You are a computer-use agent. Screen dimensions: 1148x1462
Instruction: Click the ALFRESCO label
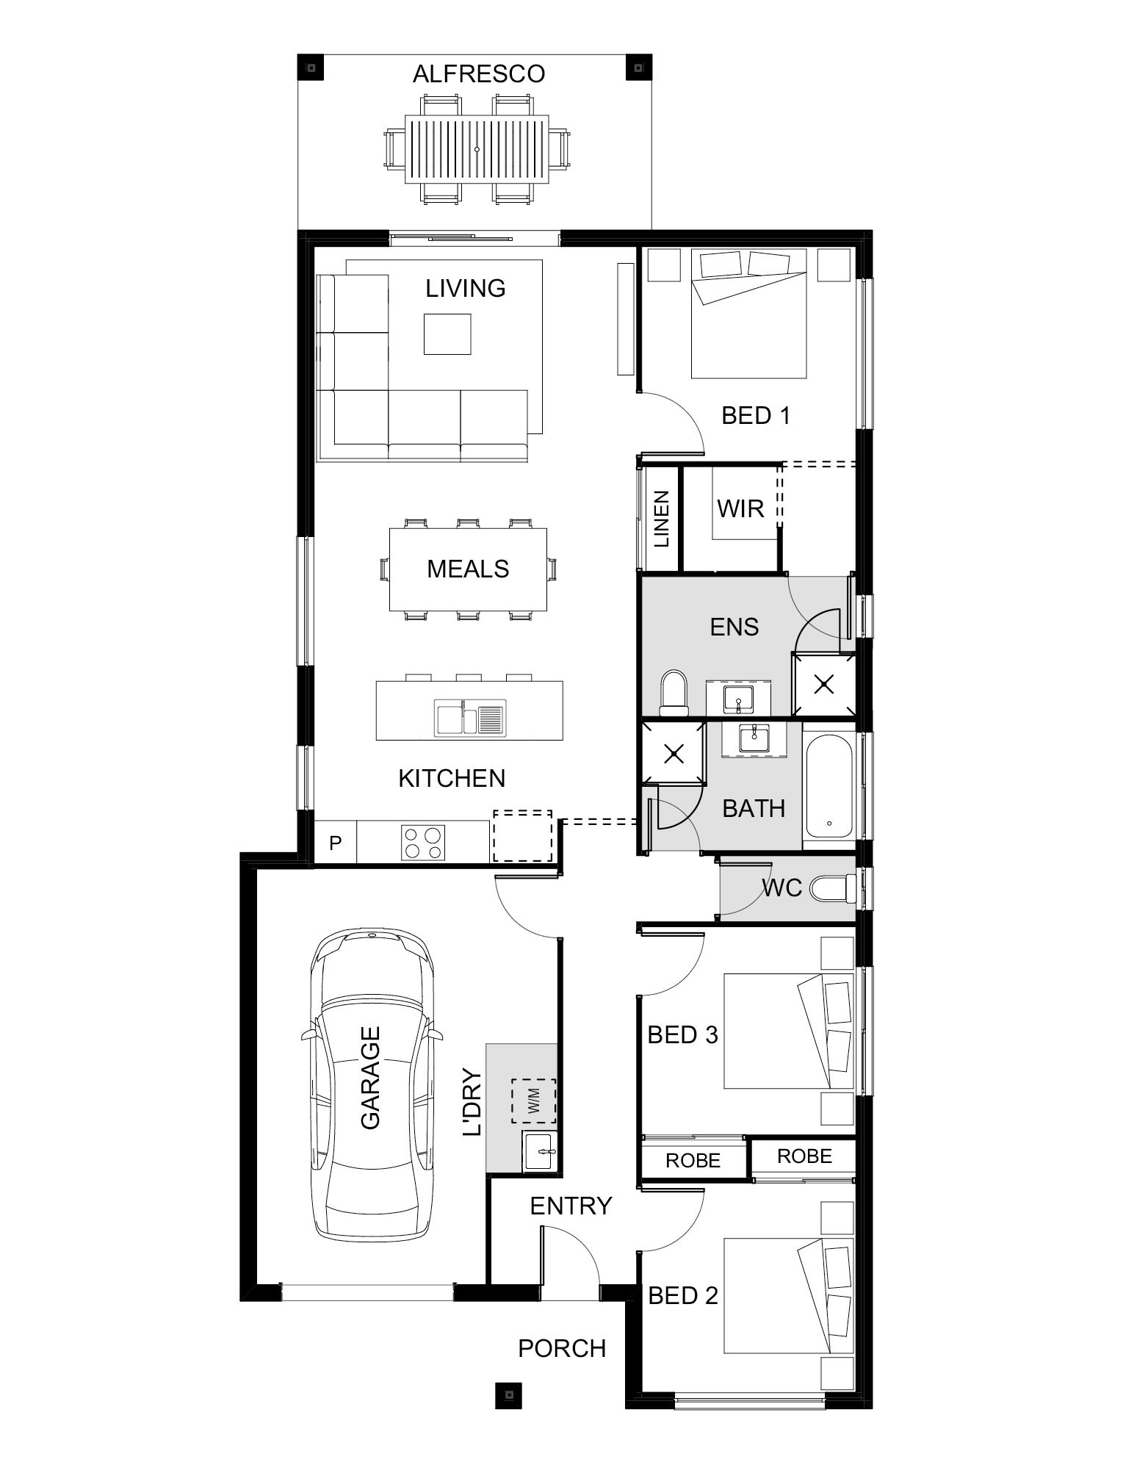pos(479,74)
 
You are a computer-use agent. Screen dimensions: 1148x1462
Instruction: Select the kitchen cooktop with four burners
pos(423,843)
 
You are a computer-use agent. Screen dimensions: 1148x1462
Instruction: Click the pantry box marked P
pos(335,843)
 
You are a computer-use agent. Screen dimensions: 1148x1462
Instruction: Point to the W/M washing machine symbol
pos(534,1101)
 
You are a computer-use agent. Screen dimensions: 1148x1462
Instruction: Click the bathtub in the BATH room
pos(829,788)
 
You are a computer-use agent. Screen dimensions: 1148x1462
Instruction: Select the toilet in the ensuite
pos(673,692)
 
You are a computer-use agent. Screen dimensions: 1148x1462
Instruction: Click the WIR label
pos(740,508)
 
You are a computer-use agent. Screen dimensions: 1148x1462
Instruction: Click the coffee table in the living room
pos(447,334)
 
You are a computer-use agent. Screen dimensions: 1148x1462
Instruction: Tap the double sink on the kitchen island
pos(470,718)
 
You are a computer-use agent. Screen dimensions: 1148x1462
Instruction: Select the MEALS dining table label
pos(468,569)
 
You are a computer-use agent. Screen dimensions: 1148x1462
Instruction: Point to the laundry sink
pos(540,1151)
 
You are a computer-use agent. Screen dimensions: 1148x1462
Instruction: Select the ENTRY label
pos(571,1206)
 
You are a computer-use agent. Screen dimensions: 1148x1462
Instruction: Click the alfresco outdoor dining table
pos(477,150)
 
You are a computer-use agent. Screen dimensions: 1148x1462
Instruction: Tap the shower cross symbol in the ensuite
pos(824,685)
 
